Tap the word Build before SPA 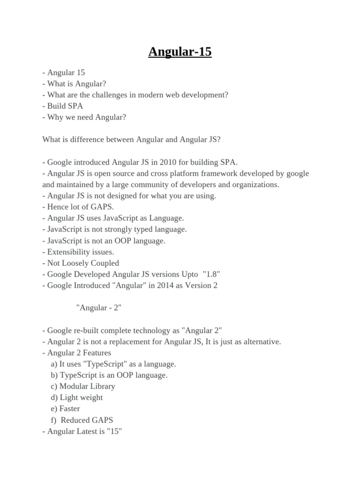coord(57,106)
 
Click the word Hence coord(58,207)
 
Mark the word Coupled coord(105,263)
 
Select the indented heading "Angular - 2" coord(99,308)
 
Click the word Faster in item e coord(69,409)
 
